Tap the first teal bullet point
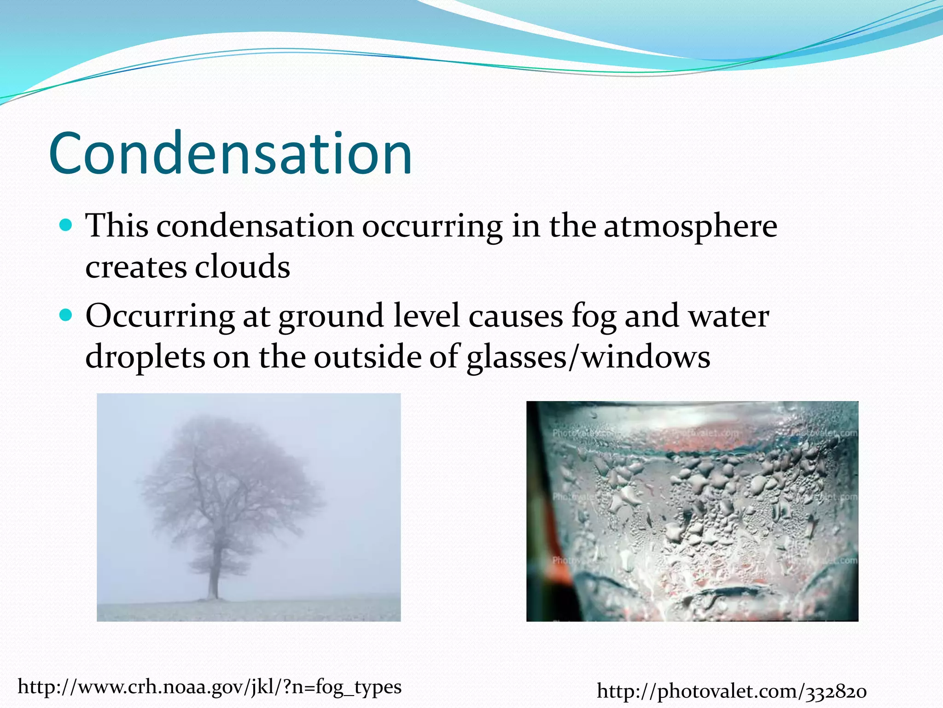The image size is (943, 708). (x=67, y=225)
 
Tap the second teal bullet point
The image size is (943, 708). (x=67, y=315)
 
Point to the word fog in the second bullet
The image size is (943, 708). (x=594, y=317)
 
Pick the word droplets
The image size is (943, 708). (x=145, y=357)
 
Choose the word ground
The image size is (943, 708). (x=331, y=317)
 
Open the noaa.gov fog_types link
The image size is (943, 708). (x=210, y=687)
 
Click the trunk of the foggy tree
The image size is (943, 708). (x=213, y=576)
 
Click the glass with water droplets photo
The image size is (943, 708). (x=692, y=512)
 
